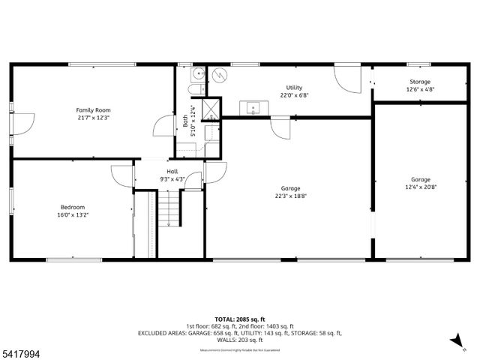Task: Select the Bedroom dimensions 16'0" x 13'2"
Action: coord(73,215)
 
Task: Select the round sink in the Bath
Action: coord(198,73)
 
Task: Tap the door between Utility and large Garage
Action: coord(280,127)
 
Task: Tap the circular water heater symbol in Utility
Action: coord(219,75)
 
